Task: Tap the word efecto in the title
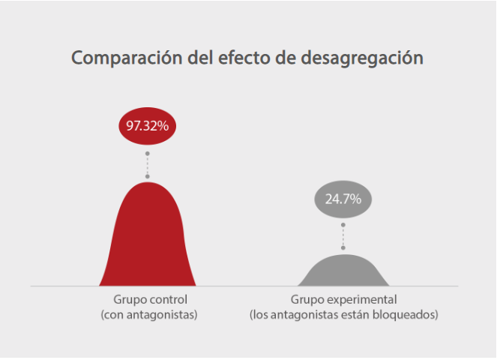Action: (230, 58)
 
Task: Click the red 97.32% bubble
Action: (147, 126)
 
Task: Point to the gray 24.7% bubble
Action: (343, 199)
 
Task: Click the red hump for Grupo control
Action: (148, 240)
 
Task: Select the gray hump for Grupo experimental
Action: (343, 271)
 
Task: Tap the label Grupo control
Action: (149, 300)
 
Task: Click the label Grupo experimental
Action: (343, 300)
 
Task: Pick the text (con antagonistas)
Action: (149, 315)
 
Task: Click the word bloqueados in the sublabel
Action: (409, 315)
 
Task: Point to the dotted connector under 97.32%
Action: (147, 163)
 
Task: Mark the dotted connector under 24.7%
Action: (343, 235)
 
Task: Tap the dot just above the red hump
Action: (147, 176)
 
